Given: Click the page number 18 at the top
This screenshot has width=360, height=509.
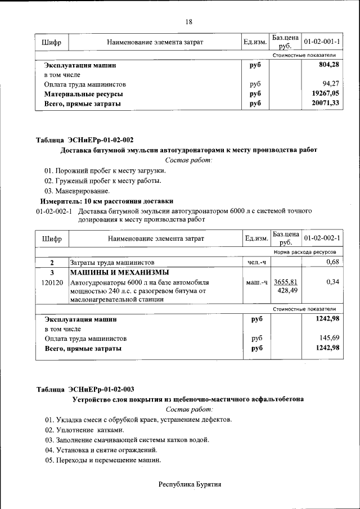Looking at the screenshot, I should pyautogui.click(x=189, y=22).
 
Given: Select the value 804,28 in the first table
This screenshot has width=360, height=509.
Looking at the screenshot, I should pyautogui.click(x=328, y=65).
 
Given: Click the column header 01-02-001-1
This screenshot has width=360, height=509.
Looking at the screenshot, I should pyautogui.click(x=322, y=42).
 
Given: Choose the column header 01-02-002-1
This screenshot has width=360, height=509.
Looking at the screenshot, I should pyautogui.click(x=322, y=238).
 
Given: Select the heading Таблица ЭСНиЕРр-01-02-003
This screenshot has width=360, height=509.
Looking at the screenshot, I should pyautogui.click(x=85, y=389).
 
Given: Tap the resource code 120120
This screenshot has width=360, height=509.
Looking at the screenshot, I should pyautogui.click(x=52, y=282).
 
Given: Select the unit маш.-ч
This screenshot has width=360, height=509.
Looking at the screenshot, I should pyautogui.click(x=256, y=282).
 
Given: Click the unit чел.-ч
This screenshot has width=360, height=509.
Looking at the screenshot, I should pyautogui.click(x=256, y=263).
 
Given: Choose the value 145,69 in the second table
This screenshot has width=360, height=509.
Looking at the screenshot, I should pyautogui.click(x=328, y=339).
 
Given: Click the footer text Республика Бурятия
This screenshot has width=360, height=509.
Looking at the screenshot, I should pyautogui.click(x=190, y=484).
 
